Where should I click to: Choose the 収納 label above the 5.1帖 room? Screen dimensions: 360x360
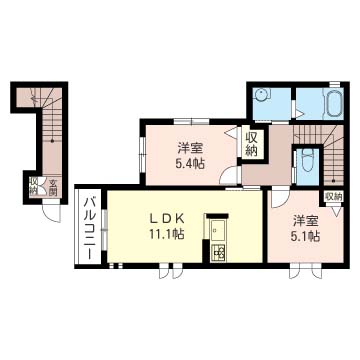click(x=333, y=196)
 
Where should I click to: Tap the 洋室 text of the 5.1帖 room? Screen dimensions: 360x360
click(x=305, y=220)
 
